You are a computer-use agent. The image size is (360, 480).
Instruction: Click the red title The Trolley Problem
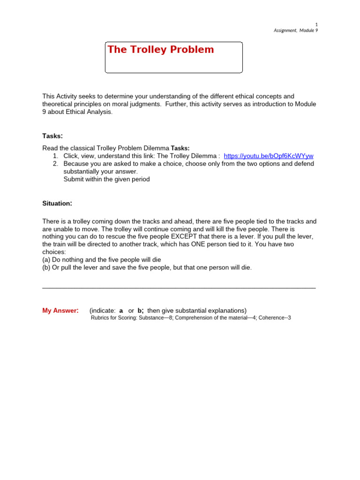(x=160, y=50)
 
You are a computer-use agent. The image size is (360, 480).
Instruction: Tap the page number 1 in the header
(x=316, y=24)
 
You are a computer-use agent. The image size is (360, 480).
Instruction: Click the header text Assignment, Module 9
(x=295, y=31)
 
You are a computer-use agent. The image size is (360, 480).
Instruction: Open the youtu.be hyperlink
(x=269, y=156)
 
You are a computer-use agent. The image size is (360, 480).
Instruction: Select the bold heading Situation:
(x=57, y=203)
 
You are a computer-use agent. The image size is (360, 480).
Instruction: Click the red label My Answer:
(x=60, y=310)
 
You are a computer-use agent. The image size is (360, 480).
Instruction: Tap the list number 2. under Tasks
(x=55, y=164)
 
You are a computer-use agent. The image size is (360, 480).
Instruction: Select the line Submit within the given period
(x=106, y=179)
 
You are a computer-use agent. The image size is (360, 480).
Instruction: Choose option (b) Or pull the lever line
(x=147, y=268)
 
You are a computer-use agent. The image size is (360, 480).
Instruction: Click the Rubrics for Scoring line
(x=190, y=318)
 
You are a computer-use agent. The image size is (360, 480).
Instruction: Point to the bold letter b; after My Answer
(x=140, y=310)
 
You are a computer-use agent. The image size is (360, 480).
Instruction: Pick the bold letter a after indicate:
(x=121, y=310)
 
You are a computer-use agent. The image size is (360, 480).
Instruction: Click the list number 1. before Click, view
(x=55, y=156)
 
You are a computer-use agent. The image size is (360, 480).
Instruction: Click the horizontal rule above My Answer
(x=179, y=287)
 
